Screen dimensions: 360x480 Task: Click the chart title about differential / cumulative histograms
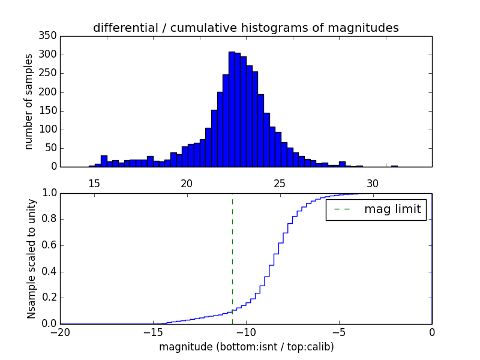point(245,28)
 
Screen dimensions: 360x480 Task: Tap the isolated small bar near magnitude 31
point(394,166)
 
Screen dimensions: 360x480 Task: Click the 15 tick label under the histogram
point(94,183)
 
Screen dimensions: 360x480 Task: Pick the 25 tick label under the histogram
point(279,183)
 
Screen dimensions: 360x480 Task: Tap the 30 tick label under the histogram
point(372,183)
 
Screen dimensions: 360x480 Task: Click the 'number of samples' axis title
point(29,101)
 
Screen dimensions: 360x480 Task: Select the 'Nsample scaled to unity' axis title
point(31,259)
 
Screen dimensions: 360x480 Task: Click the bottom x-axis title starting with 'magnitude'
point(246,347)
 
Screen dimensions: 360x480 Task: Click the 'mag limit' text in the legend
point(392,209)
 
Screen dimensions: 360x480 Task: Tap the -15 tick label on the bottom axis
point(153,332)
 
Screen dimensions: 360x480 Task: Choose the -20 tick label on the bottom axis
point(60,332)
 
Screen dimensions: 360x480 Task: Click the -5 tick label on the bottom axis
point(339,332)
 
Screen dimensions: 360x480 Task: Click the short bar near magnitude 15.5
point(104,161)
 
